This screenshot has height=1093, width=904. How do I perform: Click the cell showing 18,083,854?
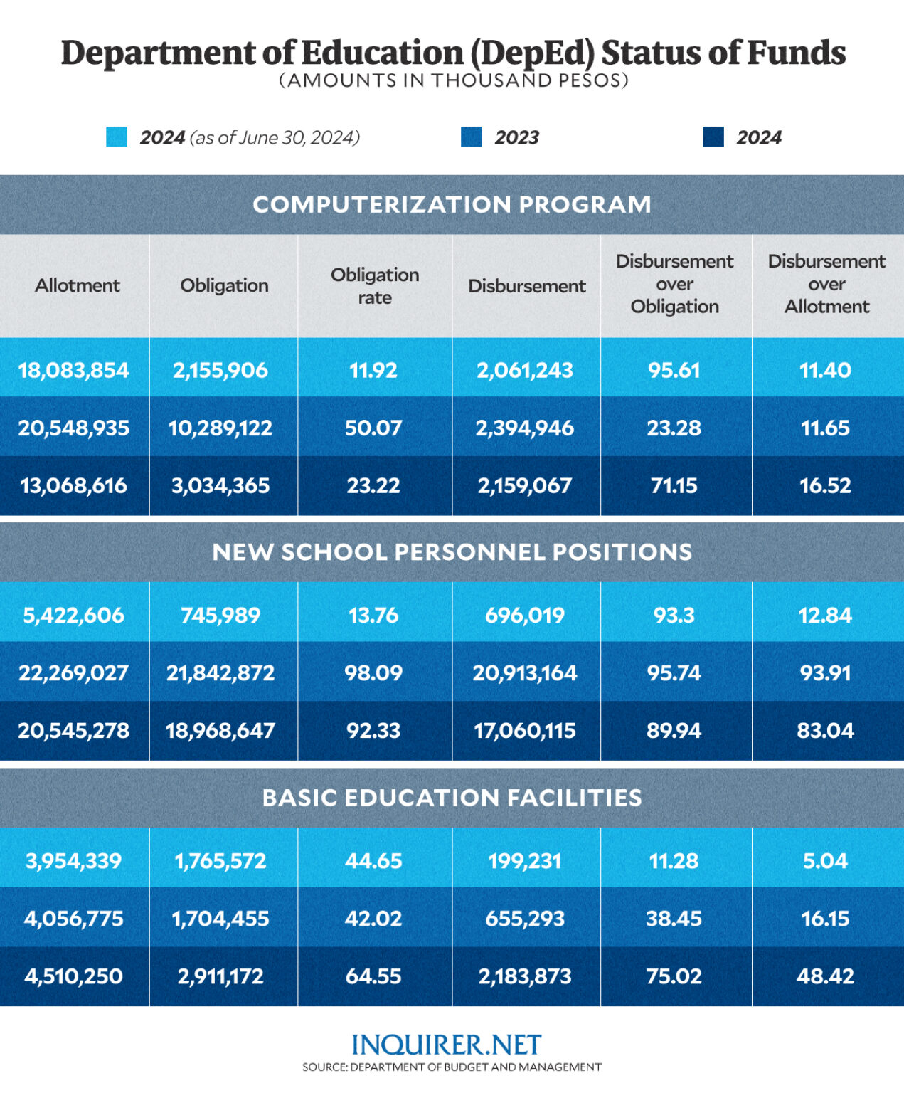click(x=74, y=370)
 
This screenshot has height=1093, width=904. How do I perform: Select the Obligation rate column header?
click(x=374, y=285)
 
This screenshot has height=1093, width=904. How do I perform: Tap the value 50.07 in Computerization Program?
click(x=373, y=428)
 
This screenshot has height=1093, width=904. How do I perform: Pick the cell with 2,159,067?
click(x=525, y=485)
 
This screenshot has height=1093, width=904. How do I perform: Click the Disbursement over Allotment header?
click(x=826, y=284)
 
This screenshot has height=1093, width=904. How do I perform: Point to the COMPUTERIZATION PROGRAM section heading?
click(x=452, y=204)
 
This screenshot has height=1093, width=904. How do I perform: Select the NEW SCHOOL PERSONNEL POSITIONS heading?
click(x=452, y=551)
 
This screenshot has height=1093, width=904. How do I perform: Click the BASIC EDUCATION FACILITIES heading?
click(x=452, y=797)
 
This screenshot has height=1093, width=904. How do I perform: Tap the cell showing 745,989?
click(x=220, y=615)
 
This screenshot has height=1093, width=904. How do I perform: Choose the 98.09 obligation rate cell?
click(x=373, y=672)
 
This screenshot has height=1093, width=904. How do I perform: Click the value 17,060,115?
click(x=525, y=730)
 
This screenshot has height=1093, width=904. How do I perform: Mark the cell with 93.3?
click(x=674, y=615)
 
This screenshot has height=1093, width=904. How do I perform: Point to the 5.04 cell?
click(x=825, y=860)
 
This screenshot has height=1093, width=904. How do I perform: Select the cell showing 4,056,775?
click(x=74, y=918)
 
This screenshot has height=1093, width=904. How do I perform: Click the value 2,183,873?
click(x=525, y=976)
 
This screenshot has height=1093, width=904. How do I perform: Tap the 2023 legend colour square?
click(x=472, y=137)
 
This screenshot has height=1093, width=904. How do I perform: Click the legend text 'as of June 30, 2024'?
click(x=275, y=137)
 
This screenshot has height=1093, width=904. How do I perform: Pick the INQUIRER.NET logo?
click(x=447, y=1044)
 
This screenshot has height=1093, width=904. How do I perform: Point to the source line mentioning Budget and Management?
click(x=452, y=1067)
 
